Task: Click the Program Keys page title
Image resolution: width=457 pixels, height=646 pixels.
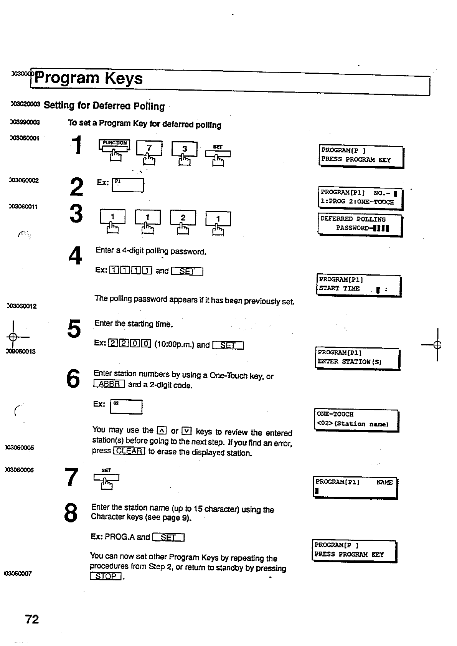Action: (89, 78)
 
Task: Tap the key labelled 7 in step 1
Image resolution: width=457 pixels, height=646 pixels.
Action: (149, 148)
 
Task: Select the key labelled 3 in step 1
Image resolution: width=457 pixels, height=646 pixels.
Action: (184, 149)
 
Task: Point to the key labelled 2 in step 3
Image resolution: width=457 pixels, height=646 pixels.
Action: (183, 218)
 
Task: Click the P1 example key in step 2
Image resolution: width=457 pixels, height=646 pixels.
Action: (128, 185)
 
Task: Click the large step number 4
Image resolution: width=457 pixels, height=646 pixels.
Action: (75, 255)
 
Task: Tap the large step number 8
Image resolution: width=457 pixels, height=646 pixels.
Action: (71, 513)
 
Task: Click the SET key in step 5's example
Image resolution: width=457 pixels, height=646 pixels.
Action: (228, 345)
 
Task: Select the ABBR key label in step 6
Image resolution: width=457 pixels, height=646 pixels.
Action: (109, 384)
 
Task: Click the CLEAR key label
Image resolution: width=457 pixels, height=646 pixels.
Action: (129, 451)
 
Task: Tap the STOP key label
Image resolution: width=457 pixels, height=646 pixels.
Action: (106, 576)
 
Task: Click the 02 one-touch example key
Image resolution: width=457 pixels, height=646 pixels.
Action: (126, 407)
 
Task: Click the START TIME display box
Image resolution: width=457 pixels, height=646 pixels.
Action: (358, 285)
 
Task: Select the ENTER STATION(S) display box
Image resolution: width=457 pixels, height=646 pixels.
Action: (357, 358)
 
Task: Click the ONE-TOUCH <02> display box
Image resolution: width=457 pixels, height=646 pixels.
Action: (356, 420)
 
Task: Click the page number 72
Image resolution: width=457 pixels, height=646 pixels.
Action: (32, 619)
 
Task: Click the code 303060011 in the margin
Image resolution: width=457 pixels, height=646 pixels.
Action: (24, 207)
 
